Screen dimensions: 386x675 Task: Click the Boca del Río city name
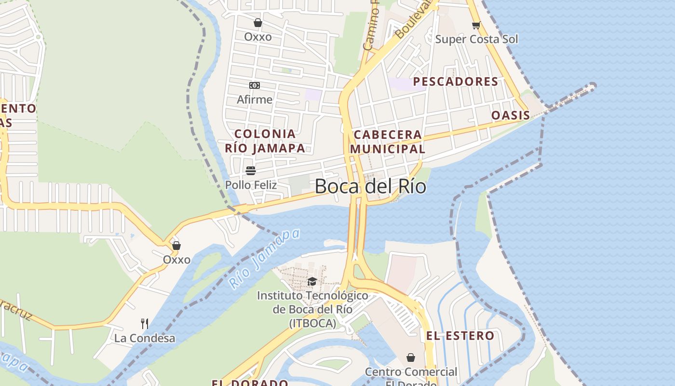pos(370,186)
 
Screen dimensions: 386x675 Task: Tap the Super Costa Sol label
pos(476,39)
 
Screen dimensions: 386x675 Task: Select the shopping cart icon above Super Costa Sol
pos(476,25)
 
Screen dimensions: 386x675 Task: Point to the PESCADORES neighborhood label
pos(455,82)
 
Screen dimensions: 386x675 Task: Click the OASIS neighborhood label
pos(511,115)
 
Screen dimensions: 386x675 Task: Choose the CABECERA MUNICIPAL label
pos(388,141)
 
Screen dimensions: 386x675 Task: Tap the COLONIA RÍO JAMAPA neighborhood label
pos(265,141)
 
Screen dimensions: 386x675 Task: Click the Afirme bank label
pos(255,99)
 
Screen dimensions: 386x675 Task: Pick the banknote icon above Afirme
pos(255,85)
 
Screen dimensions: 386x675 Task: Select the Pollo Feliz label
pos(251,185)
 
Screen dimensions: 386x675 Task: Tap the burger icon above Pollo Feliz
pos(251,170)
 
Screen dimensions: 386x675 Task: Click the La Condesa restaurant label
pos(145,338)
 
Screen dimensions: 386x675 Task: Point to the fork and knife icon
pos(144,323)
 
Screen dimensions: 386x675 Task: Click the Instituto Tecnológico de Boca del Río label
pos(312,309)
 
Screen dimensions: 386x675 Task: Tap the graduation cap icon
pos(312,281)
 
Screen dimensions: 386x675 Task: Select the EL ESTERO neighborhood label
pos(460,336)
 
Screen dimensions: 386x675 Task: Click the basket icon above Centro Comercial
pos(411,358)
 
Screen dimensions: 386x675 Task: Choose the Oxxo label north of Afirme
pos(258,37)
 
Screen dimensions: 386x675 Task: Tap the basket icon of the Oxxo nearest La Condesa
pos(176,246)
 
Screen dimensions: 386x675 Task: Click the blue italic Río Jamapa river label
pos(264,259)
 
